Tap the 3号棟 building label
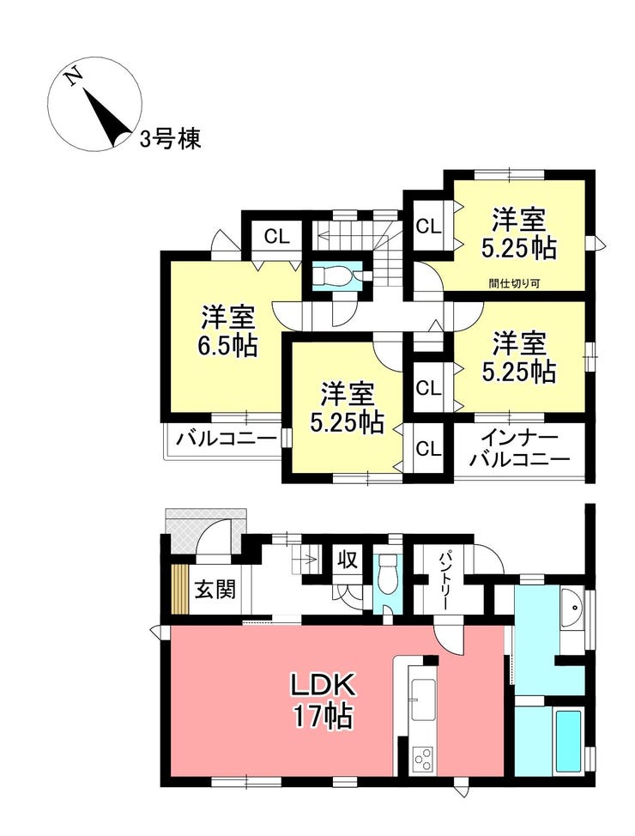pos(171,140)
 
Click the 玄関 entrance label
pos(215,590)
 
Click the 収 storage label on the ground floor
pos(347,560)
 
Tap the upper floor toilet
pos(335,276)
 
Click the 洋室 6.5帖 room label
pos(229,331)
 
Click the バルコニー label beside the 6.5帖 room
pos(227,439)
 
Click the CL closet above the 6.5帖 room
pos(276,236)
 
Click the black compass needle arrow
pos(105,116)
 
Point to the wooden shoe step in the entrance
pos(180,590)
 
